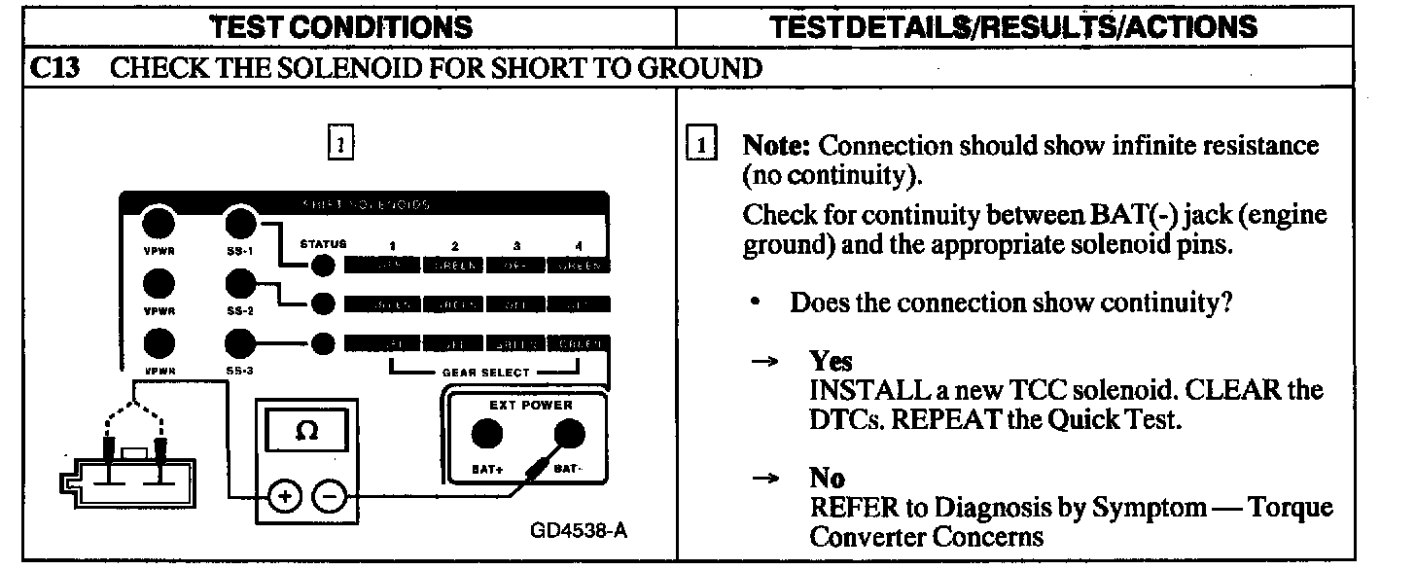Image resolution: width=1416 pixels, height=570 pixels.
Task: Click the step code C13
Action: [x=56, y=68]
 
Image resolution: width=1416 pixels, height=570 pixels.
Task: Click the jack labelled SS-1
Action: [x=239, y=225]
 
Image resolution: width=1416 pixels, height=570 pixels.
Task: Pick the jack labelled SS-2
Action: [x=239, y=285]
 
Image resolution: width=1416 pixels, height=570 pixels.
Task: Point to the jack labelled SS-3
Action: [x=239, y=343]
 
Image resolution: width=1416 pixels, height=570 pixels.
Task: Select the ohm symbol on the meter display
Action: [x=307, y=429]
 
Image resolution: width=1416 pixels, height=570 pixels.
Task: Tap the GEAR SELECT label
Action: [x=486, y=373]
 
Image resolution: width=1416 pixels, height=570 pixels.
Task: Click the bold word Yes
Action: [x=831, y=362]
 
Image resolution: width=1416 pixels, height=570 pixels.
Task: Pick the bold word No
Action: [x=827, y=479]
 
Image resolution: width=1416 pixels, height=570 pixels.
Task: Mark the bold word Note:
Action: [x=778, y=146]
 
